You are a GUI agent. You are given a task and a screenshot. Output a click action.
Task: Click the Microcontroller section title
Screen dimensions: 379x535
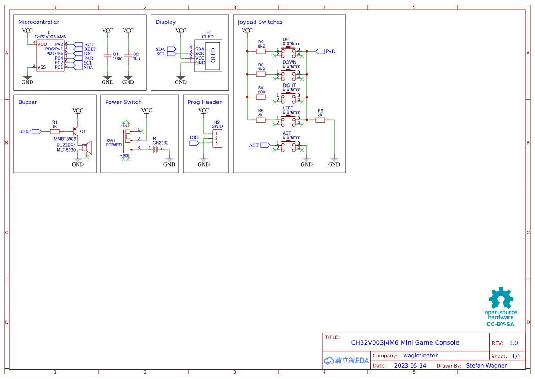tap(38, 22)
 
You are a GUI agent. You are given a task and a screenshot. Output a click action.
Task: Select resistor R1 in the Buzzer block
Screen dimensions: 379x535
tap(55, 131)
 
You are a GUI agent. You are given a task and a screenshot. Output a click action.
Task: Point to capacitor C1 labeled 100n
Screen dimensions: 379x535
tap(108, 56)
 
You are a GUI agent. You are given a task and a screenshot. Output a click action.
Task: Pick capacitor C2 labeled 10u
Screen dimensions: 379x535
tap(128, 56)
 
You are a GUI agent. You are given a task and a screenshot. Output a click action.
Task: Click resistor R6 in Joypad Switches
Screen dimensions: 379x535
tap(320, 120)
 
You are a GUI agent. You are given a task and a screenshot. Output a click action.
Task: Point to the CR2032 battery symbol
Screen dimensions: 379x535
tap(156, 148)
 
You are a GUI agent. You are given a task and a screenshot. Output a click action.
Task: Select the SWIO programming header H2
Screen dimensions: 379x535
tap(217, 138)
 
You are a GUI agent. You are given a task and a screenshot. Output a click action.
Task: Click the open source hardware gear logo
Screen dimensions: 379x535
tap(500, 299)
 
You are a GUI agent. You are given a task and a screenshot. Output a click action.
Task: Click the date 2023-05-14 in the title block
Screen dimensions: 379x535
tap(410, 366)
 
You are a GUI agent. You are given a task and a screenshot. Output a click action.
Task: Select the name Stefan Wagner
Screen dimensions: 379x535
tap(486, 366)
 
